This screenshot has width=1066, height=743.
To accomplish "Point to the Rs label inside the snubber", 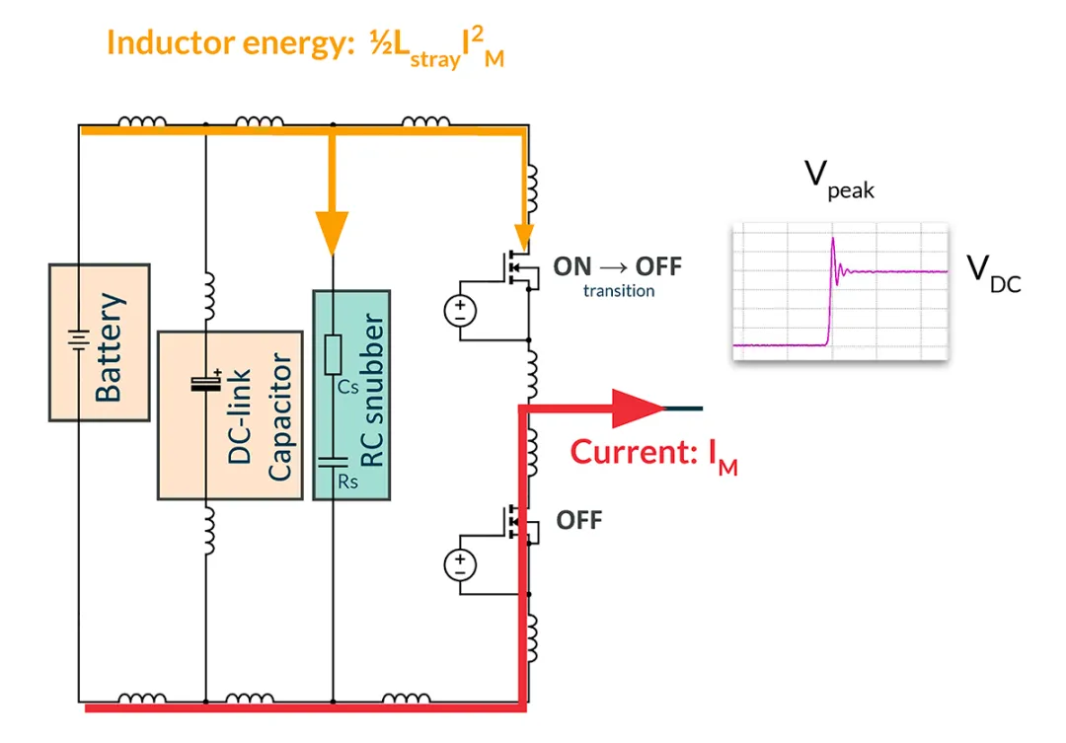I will click(347, 482).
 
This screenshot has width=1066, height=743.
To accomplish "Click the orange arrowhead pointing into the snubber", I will click(333, 234).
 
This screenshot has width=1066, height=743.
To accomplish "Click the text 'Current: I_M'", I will click(653, 454).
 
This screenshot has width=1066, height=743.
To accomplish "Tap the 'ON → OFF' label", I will click(617, 266).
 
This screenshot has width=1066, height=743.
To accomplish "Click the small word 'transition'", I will click(618, 291).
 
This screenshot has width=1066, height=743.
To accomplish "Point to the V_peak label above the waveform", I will click(838, 180).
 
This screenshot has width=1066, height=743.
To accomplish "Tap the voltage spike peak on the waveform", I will click(833, 239).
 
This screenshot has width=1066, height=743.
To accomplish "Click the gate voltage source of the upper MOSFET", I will click(460, 312).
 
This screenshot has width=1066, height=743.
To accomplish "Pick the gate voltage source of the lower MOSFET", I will click(460, 564).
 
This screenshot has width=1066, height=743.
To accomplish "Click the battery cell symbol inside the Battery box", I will click(75, 341).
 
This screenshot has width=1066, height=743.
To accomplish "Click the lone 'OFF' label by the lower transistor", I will click(578, 519).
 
